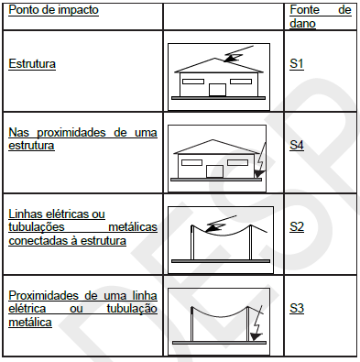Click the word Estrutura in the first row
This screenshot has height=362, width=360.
[x=32, y=65]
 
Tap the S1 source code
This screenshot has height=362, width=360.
[x=297, y=65]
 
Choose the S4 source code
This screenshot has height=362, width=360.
[x=297, y=145]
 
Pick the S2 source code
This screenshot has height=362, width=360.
[x=297, y=223]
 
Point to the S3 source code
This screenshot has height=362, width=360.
[x=297, y=307]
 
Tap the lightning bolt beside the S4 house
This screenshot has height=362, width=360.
[x=260, y=162]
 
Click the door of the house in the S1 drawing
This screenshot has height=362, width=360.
[x=217, y=90]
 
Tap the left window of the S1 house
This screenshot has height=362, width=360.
[x=191, y=82]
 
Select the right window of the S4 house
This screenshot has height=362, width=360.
[x=239, y=163]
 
